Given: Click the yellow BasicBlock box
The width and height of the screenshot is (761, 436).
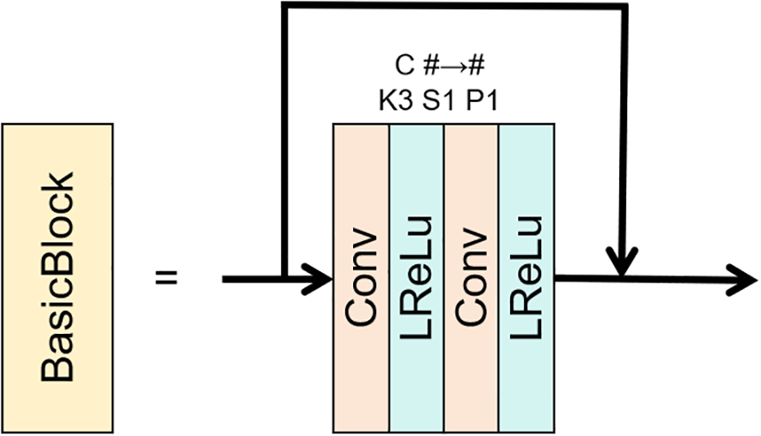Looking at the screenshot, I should [58, 276].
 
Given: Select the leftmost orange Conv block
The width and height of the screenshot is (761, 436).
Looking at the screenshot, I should [361, 277].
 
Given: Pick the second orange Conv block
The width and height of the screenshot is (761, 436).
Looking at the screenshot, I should [471, 277].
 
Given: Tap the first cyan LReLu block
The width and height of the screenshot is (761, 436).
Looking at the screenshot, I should [416, 277].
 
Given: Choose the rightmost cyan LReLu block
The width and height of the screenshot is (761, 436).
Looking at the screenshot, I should [525, 277].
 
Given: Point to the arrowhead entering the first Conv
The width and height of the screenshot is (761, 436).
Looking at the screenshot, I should [320, 278].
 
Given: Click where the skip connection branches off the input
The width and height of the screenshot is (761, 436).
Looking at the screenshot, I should [283, 278].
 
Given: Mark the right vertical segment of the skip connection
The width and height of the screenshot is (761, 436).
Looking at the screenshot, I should [621, 129].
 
